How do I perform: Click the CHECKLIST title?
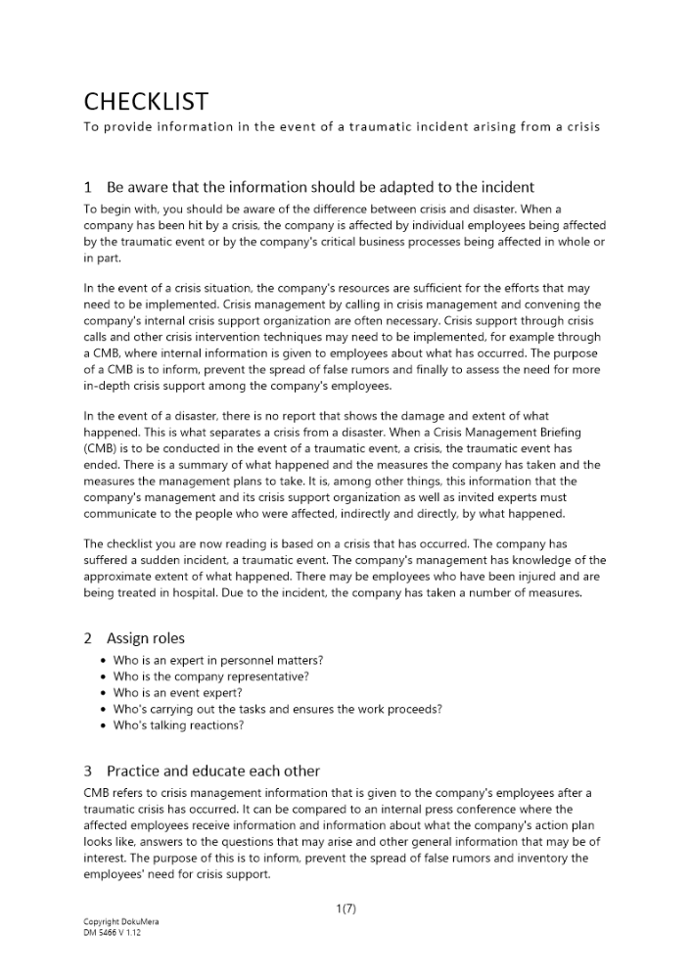pos(146,101)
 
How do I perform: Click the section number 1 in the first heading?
pos(88,186)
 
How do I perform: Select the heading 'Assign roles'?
pos(145,638)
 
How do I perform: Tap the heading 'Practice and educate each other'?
pos(212,770)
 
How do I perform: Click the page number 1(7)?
pos(346,909)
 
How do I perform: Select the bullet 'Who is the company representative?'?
pos(211,676)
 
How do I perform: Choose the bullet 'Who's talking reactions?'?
pos(178,725)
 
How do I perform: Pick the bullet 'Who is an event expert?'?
pos(178,692)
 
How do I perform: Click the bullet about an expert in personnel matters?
pos(217,660)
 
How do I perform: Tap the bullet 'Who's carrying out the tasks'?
pos(277,709)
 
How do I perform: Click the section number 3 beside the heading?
pos(88,770)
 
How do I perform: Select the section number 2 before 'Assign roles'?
pos(88,638)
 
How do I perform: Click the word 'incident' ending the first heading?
pos(507,186)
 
